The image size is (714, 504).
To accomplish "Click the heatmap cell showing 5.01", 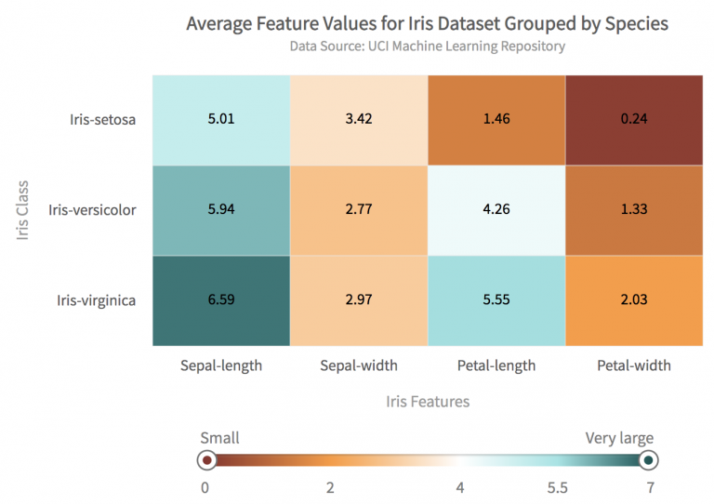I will (221, 119).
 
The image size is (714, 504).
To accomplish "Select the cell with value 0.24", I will (634, 119).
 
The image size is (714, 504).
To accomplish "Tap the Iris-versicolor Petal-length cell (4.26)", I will (496, 209).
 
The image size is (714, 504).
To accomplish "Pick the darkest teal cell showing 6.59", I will (221, 299).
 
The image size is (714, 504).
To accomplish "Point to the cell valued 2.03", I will (634, 299).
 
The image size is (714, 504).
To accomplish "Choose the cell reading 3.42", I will (359, 119).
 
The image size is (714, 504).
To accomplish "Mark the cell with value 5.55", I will (496, 299).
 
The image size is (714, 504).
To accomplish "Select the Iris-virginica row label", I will (97, 299).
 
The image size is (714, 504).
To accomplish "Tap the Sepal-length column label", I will (221, 365).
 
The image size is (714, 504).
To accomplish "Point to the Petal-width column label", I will (634, 365).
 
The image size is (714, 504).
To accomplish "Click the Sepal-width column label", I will (359, 365).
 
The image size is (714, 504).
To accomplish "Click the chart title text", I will (427, 23).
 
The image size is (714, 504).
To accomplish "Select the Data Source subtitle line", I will (427, 46).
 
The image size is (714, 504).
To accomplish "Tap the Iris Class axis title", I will (24, 209).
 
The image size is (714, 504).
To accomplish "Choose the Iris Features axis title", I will (428, 402).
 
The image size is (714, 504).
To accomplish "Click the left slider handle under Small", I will (207, 459).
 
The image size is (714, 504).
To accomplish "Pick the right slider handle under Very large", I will (648, 459).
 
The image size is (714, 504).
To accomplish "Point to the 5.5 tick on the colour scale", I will (558, 486).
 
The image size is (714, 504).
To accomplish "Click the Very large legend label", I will (619, 438).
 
